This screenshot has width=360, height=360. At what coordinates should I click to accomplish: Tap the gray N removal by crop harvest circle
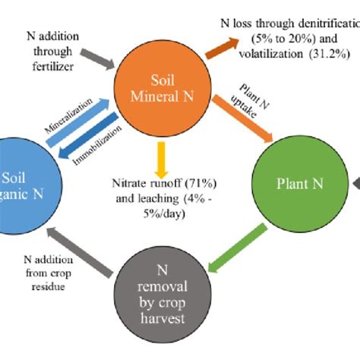coord(162,291)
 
